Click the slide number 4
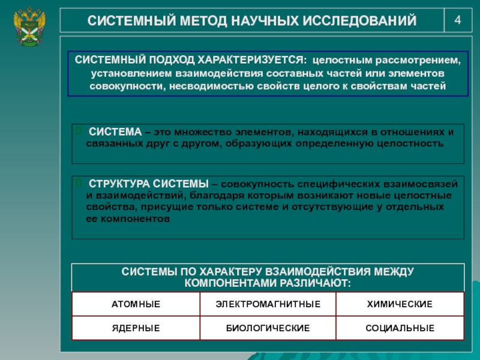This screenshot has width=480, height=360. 458,20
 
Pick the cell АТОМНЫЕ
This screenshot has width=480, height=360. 136,305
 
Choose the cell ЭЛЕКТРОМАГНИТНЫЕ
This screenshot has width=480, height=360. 268,305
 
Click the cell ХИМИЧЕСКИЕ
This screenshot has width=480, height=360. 400,305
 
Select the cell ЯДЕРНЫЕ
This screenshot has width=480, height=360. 136,328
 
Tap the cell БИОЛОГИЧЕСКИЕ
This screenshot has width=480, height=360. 268,328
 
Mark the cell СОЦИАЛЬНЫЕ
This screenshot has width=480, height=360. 400,328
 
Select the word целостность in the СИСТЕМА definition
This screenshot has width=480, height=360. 413,144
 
